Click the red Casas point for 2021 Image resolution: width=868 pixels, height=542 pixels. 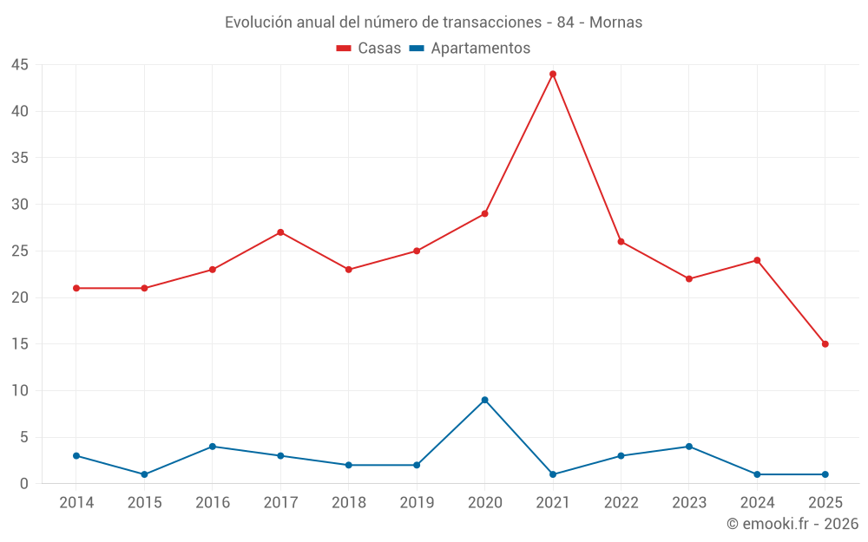(553, 74)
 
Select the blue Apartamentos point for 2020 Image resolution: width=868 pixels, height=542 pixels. (484, 400)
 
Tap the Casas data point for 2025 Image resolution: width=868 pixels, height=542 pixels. (825, 344)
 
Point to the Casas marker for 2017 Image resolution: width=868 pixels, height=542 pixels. (280, 232)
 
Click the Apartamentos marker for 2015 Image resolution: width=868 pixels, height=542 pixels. (144, 474)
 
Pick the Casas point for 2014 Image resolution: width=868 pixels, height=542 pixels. (76, 288)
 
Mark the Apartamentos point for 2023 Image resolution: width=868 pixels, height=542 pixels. (689, 447)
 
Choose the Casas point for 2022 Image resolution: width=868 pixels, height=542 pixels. (621, 241)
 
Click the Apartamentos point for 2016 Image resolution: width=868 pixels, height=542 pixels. (213, 447)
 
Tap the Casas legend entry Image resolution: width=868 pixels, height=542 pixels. (369, 49)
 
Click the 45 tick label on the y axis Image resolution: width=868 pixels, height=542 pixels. (20, 65)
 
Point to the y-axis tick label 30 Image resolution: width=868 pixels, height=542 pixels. (20, 205)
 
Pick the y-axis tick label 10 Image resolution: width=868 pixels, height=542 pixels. (20, 391)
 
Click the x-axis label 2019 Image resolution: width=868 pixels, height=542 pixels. (417, 503)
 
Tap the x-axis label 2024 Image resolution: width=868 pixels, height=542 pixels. (757, 503)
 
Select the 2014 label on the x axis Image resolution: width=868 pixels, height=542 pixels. (76, 503)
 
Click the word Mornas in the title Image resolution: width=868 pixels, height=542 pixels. (615, 23)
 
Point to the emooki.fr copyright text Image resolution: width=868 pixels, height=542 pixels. (792, 524)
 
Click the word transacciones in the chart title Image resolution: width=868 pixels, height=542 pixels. (490, 23)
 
